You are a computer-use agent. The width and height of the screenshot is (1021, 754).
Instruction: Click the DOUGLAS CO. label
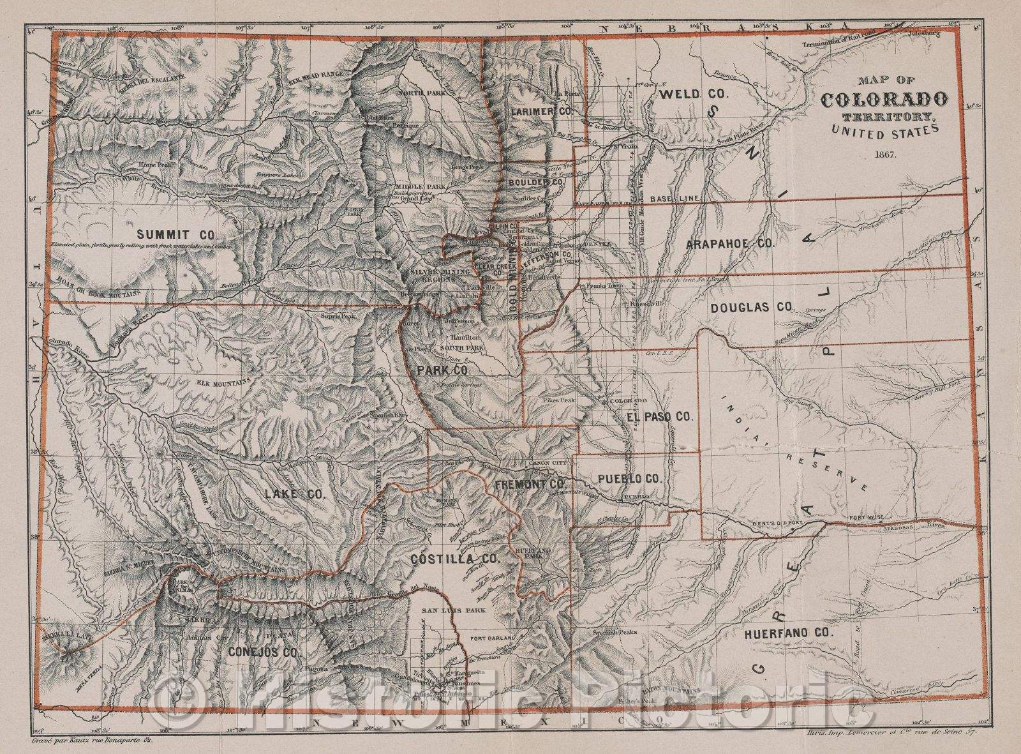750,307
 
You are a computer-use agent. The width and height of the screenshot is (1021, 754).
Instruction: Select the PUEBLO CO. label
630,478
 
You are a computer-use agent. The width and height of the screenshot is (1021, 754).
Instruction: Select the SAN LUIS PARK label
455,610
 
